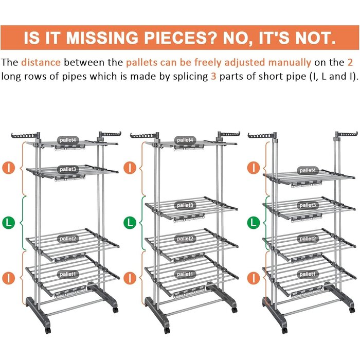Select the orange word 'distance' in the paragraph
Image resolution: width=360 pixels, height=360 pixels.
pos(41,62)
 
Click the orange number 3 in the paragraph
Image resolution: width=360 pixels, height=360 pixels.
pos(213,76)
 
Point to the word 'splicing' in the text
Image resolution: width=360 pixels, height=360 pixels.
pos(191,77)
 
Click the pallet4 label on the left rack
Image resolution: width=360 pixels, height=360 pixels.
pos(68,140)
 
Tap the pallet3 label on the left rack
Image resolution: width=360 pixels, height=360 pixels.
pos(68,169)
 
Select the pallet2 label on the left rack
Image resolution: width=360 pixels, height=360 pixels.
pos(68,239)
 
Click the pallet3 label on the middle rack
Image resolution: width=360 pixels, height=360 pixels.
pos(185,205)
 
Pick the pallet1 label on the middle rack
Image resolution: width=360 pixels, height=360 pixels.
pos(185,274)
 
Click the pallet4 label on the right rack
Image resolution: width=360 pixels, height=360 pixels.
pos(308,170)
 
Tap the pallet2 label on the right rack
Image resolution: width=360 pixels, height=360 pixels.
pos(308,239)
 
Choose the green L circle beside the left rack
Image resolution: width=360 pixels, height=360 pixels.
pos(9,223)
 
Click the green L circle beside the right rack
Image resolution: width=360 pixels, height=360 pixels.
pos(254,223)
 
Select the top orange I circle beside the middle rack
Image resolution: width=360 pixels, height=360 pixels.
pos(130,168)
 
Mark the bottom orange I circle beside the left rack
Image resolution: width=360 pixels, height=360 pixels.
pos(9,278)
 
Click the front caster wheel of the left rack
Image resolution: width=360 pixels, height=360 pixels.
pos(47,331)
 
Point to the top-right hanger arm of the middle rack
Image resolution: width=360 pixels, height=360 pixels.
pos(229,134)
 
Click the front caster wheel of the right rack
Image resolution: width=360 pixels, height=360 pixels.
pos(284,331)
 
